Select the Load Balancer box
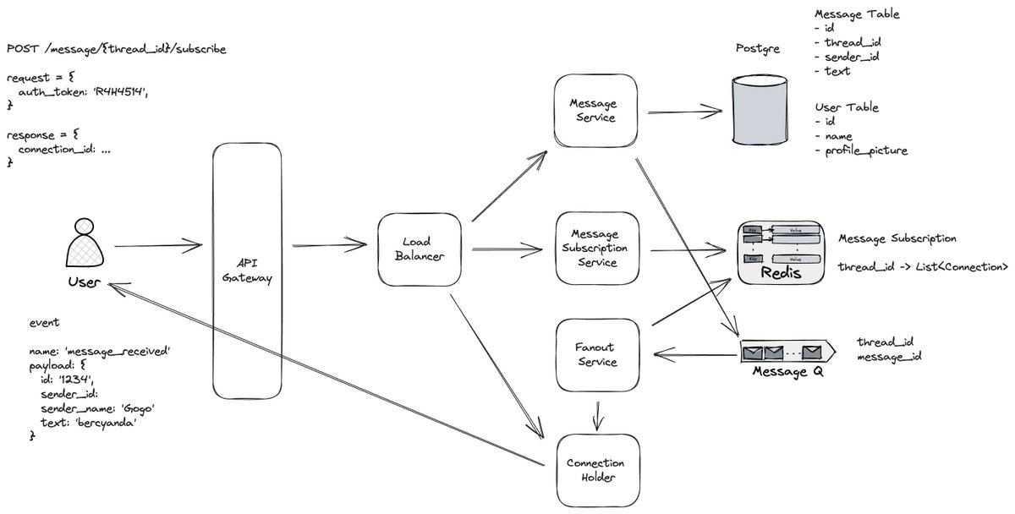pyautogui.click(x=420, y=249)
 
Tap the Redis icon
pyautogui.click(x=781, y=253)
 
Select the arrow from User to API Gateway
pyautogui.click(x=157, y=246)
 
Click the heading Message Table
pyautogui.click(x=856, y=14)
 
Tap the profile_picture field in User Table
pyautogui.click(x=861, y=151)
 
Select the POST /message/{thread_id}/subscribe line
pyautogui.click(x=116, y=49)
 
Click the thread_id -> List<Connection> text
pyautogui.click(x=922, y=267)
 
